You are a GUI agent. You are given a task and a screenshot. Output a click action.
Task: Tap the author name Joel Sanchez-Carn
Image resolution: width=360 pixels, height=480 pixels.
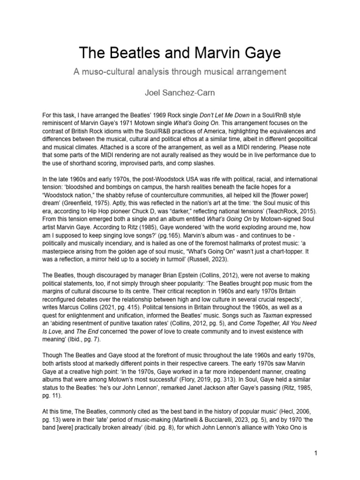pyautogui.click(x=180, y=93)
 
